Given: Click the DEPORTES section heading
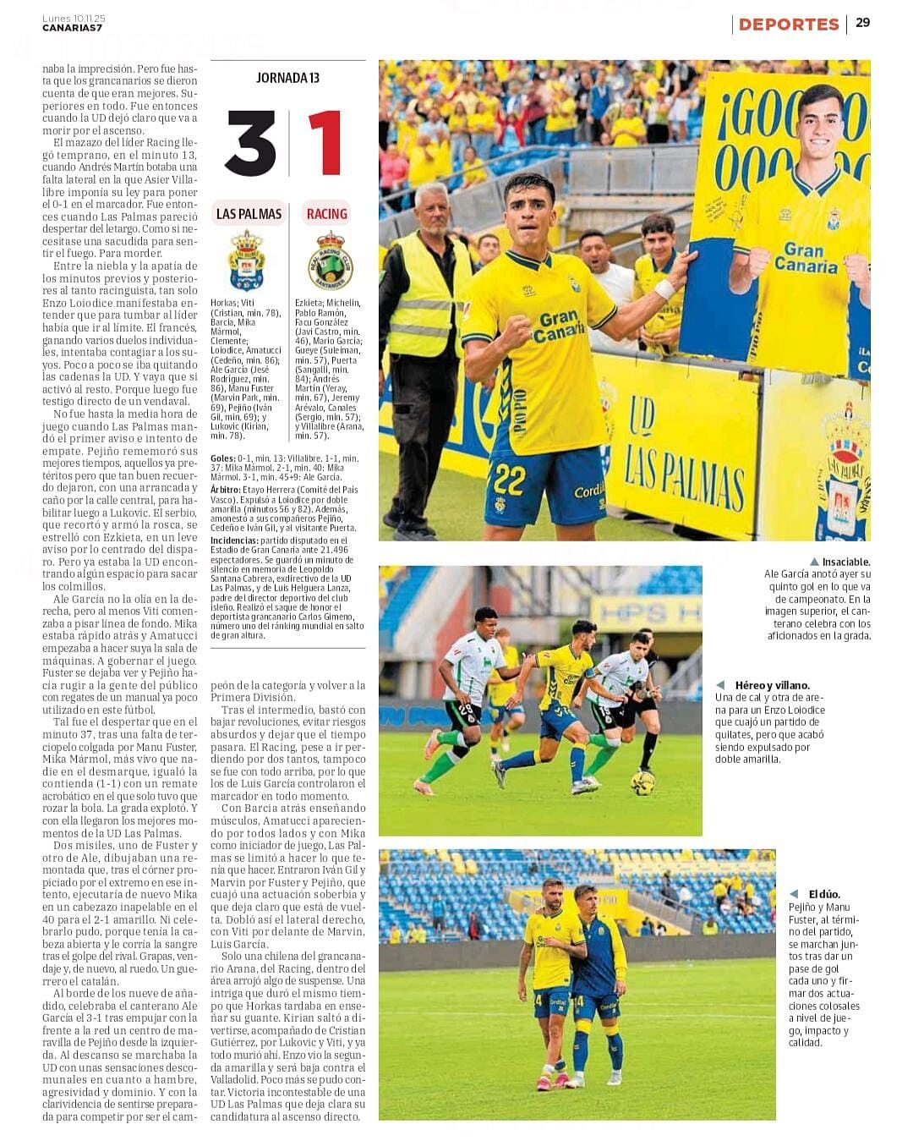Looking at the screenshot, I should [788, 25].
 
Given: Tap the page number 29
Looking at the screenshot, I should [862, 23].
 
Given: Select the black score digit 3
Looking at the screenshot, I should [250, 143].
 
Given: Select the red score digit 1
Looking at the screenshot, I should [325, 143].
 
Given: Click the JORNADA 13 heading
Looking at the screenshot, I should [287, 78].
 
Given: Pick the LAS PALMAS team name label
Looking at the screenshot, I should [249, 214].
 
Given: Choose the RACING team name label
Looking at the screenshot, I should [327, 214].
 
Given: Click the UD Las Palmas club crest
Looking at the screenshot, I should [247, 260].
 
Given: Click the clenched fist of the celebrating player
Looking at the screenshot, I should [514, 332].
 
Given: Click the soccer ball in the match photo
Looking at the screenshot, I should [642, 782].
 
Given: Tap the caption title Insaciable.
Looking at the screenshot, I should [845, 562].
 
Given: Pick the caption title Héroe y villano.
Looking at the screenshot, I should [772, 685].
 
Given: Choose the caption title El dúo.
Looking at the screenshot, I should [823, 894].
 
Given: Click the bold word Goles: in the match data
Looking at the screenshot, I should [222, 458].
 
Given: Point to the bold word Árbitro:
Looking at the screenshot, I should [226, 490].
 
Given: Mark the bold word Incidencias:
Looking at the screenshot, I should [234, 540].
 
